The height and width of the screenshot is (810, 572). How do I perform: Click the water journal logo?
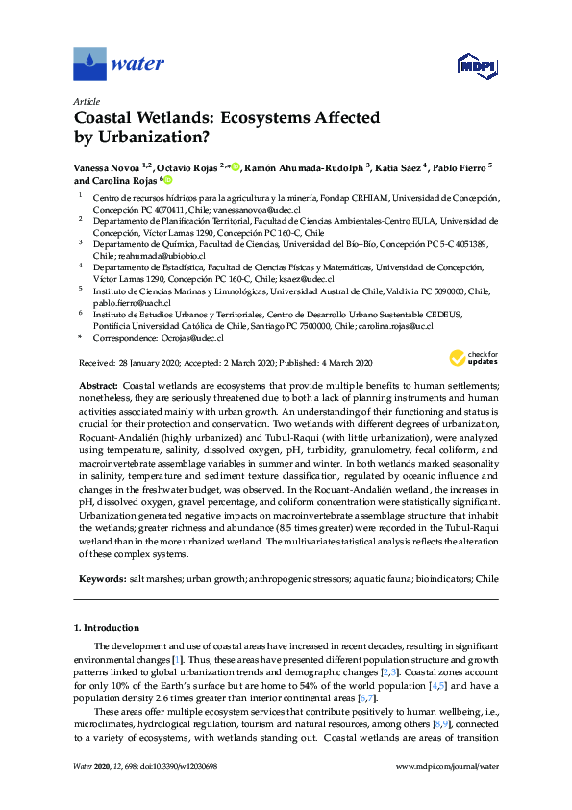(119, 64)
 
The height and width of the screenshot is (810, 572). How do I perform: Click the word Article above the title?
(87, 100)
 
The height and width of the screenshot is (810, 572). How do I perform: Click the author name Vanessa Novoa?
(108, 166)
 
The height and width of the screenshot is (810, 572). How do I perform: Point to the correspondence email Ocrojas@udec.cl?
(192, 338)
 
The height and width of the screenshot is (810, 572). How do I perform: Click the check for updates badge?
(474, 358)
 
